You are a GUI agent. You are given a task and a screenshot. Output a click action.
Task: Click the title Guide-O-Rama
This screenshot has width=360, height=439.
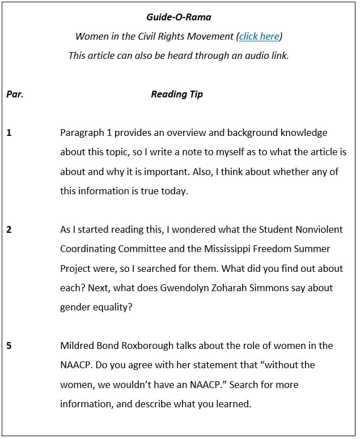pyautogui.click(x=179, y=18)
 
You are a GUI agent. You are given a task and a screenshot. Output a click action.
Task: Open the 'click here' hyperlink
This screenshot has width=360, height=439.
pyautogui.click(x=259, y=36)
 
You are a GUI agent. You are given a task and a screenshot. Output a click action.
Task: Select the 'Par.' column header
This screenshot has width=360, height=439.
pyautogui.click(x=15, y=94)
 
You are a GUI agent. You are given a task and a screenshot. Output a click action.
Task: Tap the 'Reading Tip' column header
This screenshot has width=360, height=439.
pyautogui.click(x=177, y=94)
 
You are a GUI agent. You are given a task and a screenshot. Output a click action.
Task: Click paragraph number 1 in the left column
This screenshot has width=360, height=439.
pyautogui.click(x=9, y=133)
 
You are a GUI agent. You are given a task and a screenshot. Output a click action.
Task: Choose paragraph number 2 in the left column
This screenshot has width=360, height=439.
pyautogui.click(x=9, y=229)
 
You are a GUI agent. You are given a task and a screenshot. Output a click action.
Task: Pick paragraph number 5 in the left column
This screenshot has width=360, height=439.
pyautogui.click(x=9, y=346)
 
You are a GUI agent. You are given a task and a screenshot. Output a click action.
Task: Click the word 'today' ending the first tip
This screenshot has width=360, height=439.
pyautogui.click(x=173, y=191)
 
